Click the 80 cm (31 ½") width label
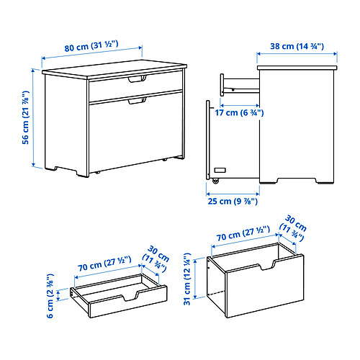point(91,46)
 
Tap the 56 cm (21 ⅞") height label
point(26,117)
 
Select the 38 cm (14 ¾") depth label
point(297,46)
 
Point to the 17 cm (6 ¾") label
point(239,112)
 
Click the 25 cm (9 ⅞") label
point(233,201)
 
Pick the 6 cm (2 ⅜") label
point(50,296)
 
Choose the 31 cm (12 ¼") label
point(187,279)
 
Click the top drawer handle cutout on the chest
point(137,79)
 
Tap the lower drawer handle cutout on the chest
point(137,101)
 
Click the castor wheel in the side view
point(215,181)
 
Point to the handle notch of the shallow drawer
point(130,297)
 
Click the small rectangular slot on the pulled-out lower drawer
point(220,170)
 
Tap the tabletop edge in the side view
point(297,68)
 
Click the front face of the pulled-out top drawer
point(222,85)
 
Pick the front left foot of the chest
point(83,174)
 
